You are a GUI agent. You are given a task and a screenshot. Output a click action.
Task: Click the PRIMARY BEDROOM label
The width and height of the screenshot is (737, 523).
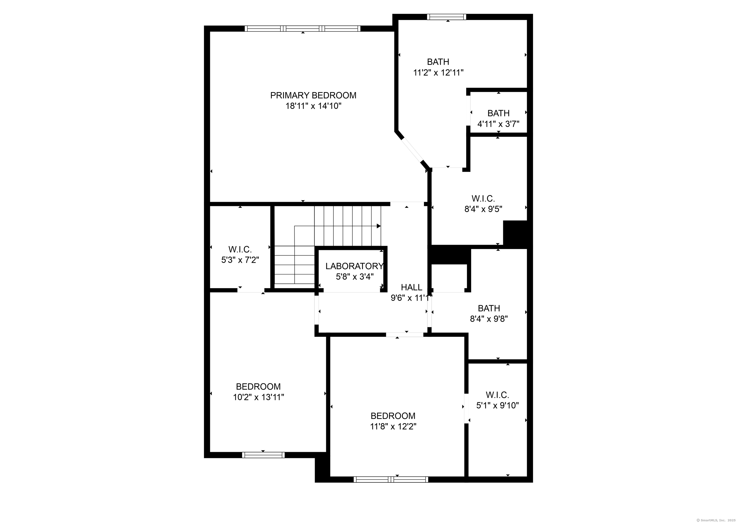313,95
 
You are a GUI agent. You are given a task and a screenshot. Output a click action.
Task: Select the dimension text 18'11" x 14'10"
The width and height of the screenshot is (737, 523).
313,106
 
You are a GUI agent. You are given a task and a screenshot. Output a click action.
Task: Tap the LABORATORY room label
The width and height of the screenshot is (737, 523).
354,266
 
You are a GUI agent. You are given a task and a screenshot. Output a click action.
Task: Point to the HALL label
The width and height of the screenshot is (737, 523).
411,287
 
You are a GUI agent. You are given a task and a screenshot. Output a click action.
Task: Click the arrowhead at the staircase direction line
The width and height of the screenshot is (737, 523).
379,226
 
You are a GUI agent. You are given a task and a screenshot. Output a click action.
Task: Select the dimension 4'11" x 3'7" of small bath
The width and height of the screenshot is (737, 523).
498,124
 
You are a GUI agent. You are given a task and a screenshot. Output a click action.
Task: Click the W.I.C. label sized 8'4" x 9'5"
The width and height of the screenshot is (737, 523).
483,198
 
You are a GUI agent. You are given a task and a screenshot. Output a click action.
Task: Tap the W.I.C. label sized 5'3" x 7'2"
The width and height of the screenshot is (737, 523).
240,249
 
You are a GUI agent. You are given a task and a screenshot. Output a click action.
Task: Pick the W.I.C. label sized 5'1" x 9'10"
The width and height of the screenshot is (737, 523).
497,395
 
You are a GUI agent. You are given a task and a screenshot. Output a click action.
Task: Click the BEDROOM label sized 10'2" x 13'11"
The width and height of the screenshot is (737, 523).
258,386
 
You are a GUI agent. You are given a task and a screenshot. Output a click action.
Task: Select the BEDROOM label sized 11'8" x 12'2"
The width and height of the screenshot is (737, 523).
393,416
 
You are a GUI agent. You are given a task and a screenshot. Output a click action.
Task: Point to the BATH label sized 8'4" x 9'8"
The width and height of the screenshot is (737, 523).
489,308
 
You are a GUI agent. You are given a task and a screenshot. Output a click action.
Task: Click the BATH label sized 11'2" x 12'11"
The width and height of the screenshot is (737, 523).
438,61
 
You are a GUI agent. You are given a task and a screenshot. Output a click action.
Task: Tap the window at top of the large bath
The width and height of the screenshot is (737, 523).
446,17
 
